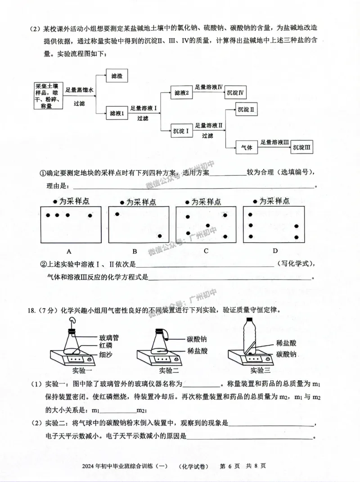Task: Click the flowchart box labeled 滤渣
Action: [117, 76]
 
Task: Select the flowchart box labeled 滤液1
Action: [117, 113]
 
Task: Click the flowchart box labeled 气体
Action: [247, 147]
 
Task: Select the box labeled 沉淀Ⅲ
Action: [302, 147]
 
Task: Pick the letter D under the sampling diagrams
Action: [275, 251]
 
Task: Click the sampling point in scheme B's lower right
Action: [160, 236]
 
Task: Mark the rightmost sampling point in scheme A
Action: [90, 216]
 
